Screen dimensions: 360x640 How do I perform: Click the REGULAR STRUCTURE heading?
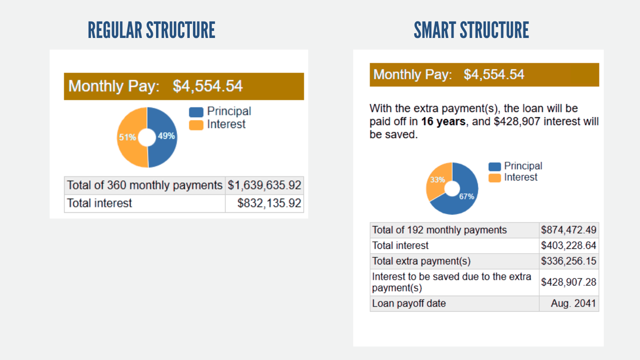[151, 30]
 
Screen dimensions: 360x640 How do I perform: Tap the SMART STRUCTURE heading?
[471, 30]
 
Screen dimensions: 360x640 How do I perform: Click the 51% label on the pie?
[127, 137]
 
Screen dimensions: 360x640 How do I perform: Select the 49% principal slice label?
[167, 136]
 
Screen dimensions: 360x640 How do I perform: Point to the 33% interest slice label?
[437, 180]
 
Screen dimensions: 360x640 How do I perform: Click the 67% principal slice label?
[467, 197]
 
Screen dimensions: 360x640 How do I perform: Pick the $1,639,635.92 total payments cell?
[264, 186]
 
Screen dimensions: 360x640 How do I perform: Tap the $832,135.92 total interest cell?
[269, 203]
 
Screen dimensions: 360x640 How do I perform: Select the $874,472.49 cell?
[568, 230]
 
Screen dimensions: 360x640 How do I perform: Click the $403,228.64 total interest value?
[568, 246]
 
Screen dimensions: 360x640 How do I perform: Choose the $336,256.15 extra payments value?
[568, 261]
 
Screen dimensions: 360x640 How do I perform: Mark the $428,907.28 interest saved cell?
[568, 282]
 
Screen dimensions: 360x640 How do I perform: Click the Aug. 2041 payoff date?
[573, 303]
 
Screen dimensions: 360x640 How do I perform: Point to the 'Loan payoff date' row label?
[409, 303]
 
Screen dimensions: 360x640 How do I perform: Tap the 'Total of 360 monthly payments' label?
[144, 185]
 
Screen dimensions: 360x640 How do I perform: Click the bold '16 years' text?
[443, 122]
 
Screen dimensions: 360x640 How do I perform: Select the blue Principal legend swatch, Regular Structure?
[196, 112]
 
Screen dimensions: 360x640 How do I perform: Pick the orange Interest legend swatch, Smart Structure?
[494, 178]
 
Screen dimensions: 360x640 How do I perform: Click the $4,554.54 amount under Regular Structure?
[208, 86]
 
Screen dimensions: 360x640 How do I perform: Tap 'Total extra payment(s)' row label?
[421, 261]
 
